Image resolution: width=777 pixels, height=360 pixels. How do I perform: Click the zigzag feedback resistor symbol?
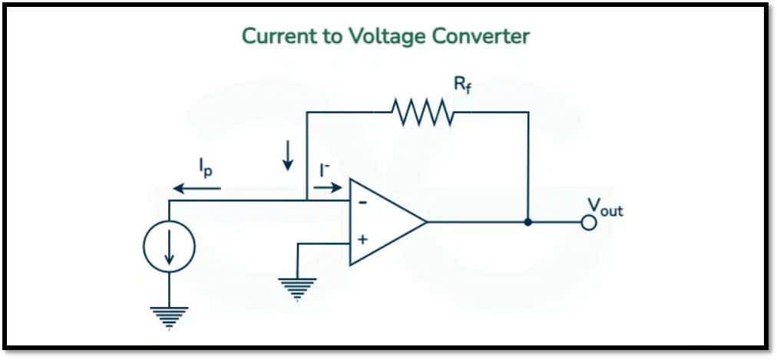[x=422, y=112]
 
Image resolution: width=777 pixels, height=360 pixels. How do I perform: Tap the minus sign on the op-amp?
[x=362, y=203]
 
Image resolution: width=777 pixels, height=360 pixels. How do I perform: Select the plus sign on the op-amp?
[x=362, y=240]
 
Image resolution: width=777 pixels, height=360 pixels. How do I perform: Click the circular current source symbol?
[x=169, y=246]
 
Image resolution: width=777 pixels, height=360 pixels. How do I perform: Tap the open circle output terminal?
[x=589, y=223]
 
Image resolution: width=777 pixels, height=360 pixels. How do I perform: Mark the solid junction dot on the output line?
[x=528, y=223]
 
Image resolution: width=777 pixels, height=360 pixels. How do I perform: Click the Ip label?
[x=206, y=166]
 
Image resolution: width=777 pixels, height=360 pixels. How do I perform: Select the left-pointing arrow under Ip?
[x=197, y=187]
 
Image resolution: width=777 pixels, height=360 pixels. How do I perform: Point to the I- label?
[x=325, y=167]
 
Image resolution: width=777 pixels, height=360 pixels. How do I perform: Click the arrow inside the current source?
[x=169, y=247]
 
